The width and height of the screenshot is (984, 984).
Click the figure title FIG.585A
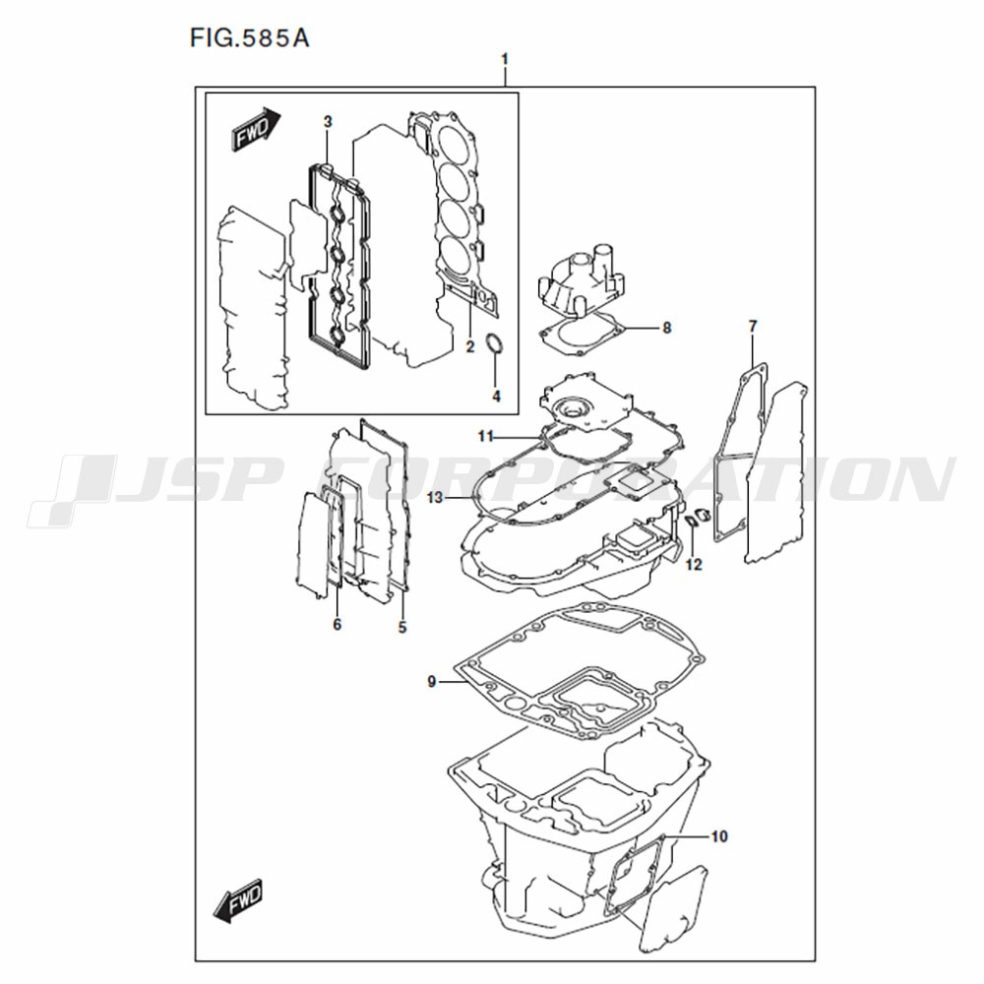tap(250, 39)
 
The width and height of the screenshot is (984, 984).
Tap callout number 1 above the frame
tap(505, 60)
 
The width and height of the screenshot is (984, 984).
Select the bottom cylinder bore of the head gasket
tap(457, 259)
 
